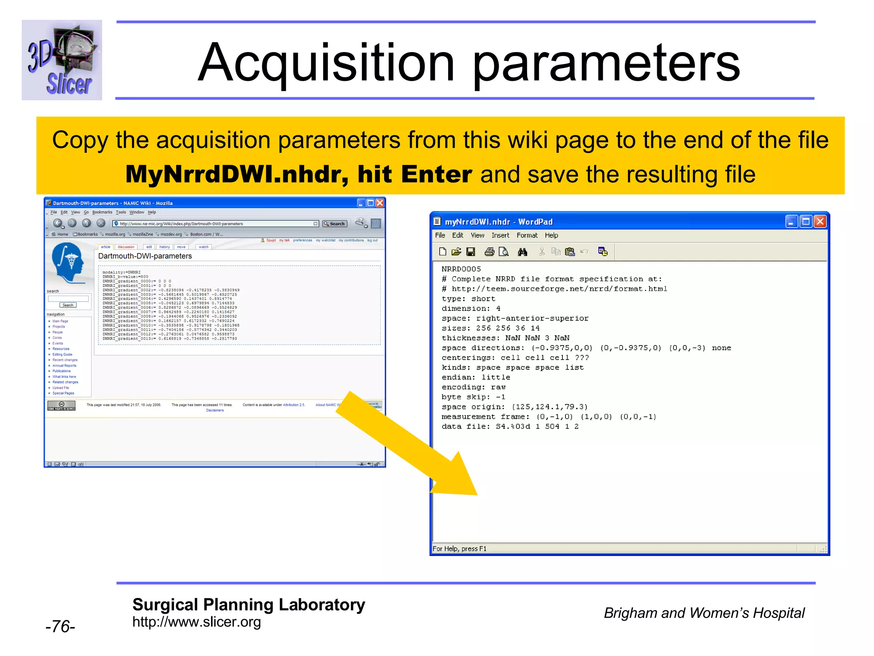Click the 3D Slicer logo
tap(62, 60)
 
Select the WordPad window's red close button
tap(820, 221)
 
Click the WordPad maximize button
tap(805, 221)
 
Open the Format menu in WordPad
tap(527, 235)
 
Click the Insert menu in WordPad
tap(500, 235)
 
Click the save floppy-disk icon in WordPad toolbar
tap(471, 252)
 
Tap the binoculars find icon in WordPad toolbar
tap(522, 252)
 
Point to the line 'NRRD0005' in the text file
tap(461, 269)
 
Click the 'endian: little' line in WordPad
tap(476, 378)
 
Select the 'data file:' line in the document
tap(510, 427)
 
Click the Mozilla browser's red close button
tap(379, 203)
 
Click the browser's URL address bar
tap(213, 224)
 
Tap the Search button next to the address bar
tap(335, 224)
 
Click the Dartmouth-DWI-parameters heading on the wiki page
tap(145, 256)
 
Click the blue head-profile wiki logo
tap(67, 262)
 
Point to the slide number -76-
tap(60, 627)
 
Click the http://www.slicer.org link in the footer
tap(196, 622)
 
